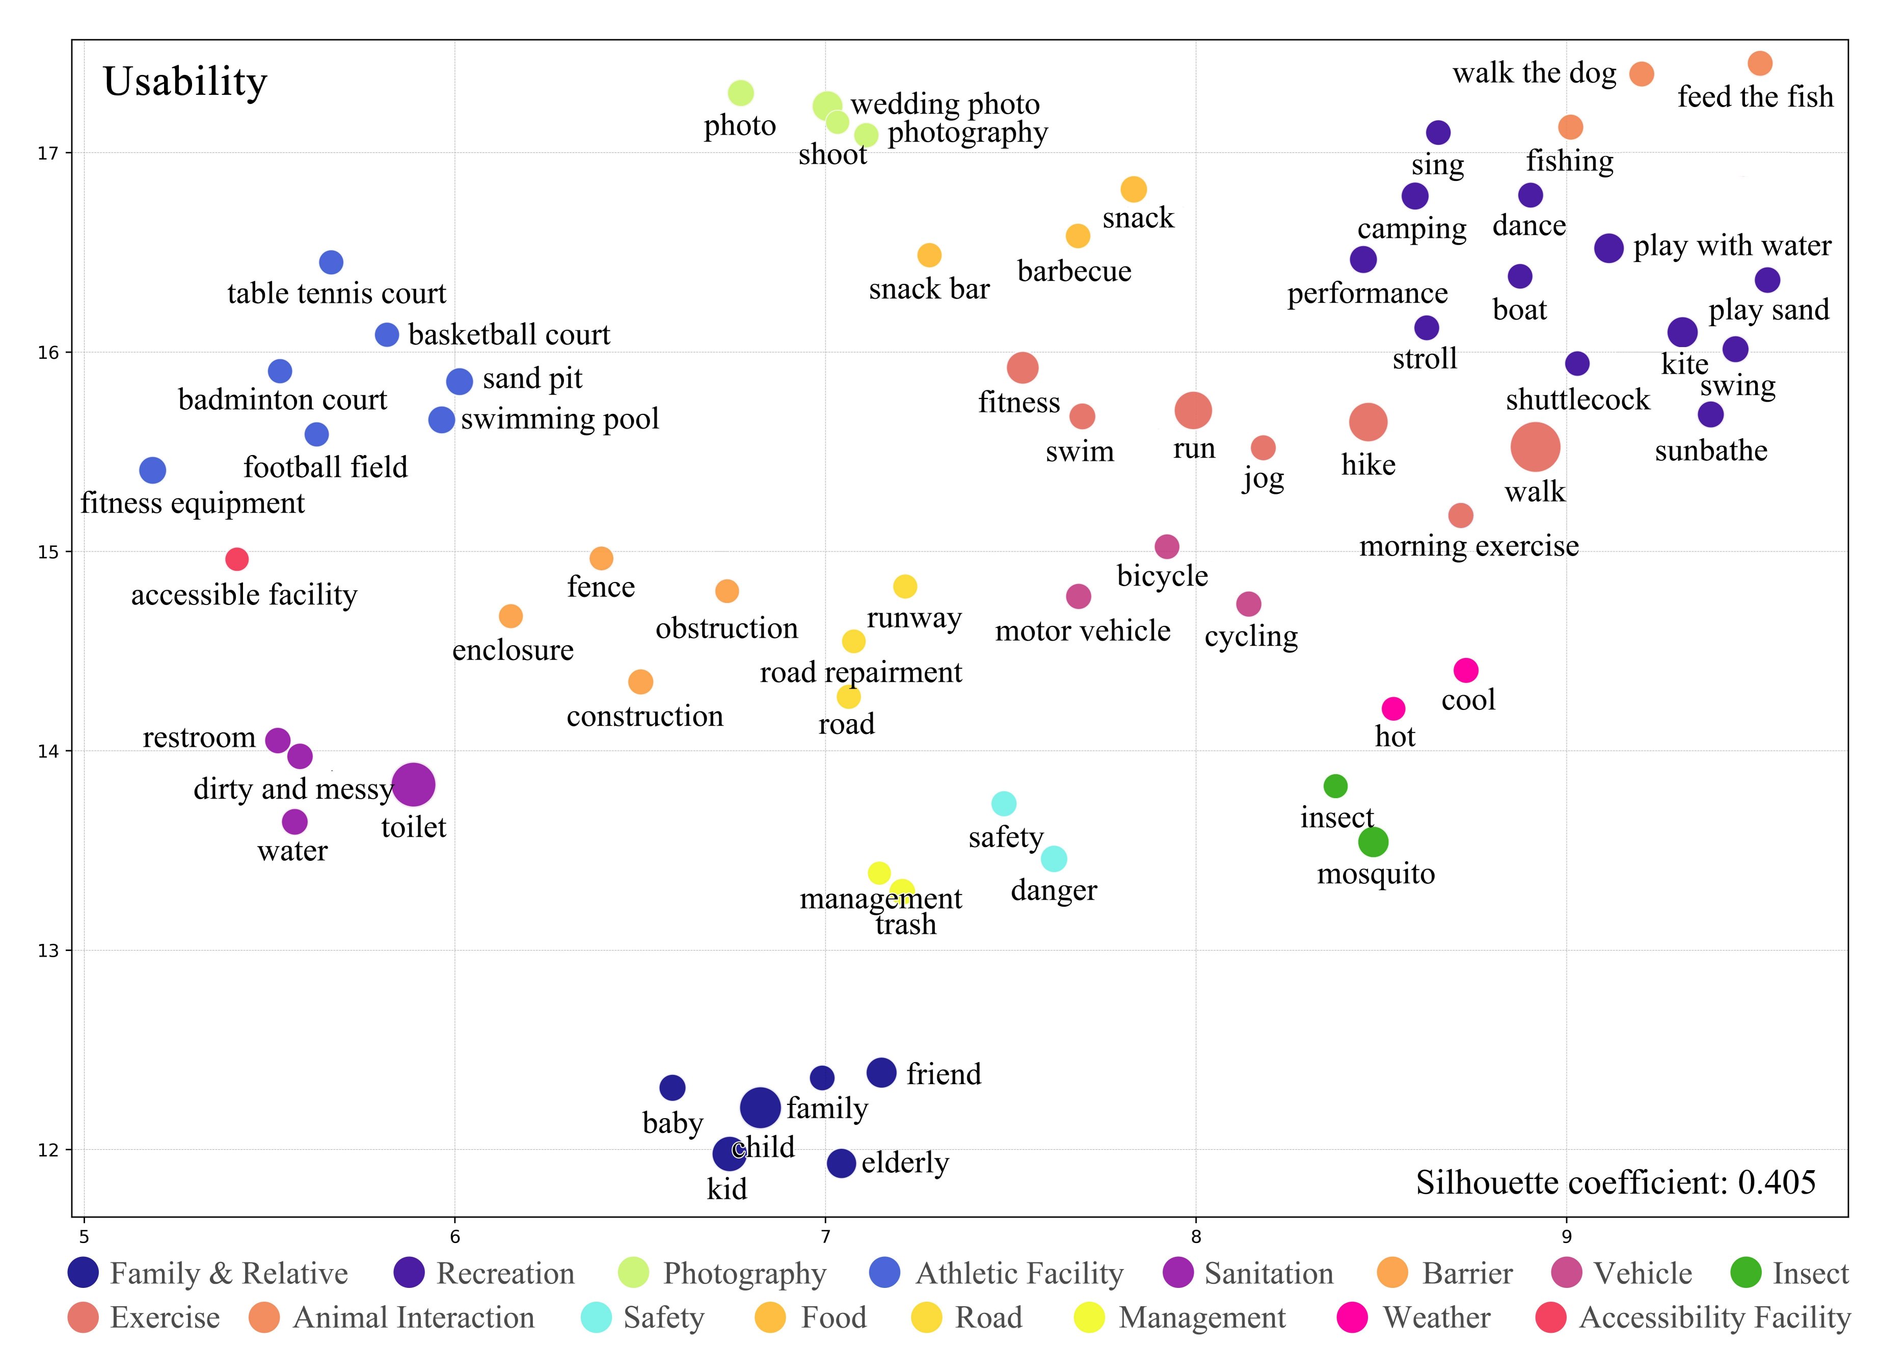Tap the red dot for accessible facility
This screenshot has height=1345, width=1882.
pyautogui.click(x=237, y=559)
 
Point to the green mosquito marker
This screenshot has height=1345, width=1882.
pyautogui.click(x=1373, y=842)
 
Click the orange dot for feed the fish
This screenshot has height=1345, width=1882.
pyautogui.click(x=1759, y=63)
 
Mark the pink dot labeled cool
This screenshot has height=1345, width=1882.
pyautogui.click(x=1466, y=670)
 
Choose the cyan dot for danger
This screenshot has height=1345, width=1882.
pyautogui.click(x=1053, y=859)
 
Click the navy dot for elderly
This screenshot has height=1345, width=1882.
pyautogui.click(x=841, y=1163)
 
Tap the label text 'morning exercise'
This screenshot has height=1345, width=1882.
pyautogui.click(x=1469, y=546)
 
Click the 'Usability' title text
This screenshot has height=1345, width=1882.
pyautogui.click(x=185, y=82)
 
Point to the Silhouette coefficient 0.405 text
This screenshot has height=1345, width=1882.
pyautogui.click(x=1616, y=1182)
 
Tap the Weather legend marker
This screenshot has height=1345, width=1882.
pyautogui.click(x=1352, y=1317)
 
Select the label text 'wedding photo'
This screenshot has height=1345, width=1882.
pyautogui.click(x=945, y=104)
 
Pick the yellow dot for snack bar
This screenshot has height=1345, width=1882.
pyautogui.click(x=929, y=255)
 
